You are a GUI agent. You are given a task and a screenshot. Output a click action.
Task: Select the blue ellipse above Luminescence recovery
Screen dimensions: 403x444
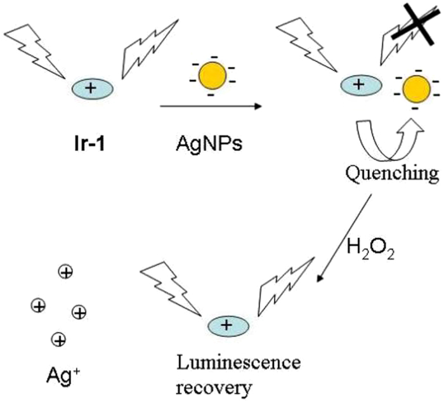(x=227, y=325)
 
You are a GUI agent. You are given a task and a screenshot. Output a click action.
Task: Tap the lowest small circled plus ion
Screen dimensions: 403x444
(x=59, y=340)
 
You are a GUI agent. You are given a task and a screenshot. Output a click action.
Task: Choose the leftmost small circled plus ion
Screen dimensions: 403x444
(x=38, y=306)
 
